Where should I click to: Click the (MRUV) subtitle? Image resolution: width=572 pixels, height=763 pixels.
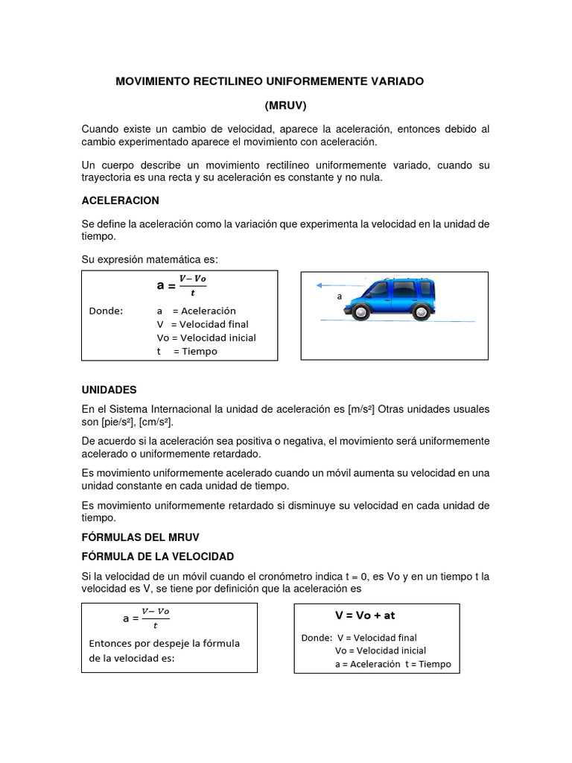(x=285, y=105)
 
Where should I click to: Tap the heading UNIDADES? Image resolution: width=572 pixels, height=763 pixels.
(x=109, y=390)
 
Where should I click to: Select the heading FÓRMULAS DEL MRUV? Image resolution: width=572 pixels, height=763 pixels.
(x=142, y=536)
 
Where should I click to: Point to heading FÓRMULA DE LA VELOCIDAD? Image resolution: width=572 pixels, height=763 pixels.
(x=158, y=557)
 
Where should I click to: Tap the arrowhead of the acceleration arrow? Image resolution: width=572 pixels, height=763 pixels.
(x=318, y=285)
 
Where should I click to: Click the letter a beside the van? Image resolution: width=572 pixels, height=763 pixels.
(x=340, y=296)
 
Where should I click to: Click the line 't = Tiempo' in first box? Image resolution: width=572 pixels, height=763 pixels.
(x=187, y=352)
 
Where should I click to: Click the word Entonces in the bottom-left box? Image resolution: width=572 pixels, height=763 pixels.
(x=112, y=643)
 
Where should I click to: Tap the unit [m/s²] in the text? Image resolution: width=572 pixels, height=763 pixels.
(x=360, y=410)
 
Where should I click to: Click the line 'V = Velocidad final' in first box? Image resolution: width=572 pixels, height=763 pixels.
(x=202, y=324)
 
